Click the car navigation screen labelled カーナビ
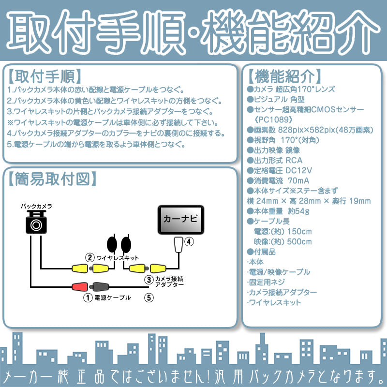click(180, 220)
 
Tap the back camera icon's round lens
click(36, 225)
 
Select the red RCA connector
click(80, 286)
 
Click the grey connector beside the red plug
click(99, 287)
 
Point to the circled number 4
click(189, 241)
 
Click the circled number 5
click(149, 298)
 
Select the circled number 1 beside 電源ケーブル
click(88, 298)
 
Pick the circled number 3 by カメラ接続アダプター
click(149, 280)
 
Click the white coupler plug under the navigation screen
click(179, 244)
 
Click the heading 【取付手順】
click(45, 76)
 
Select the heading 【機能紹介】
click(284, 76)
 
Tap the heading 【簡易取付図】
click(52, 179)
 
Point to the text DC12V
click(298, 170)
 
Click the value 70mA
click(298, 180)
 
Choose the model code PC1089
click(273, 119)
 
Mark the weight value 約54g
click(298, 211)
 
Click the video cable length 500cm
click(299, 241)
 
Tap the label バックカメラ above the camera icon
click(36, 206)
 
